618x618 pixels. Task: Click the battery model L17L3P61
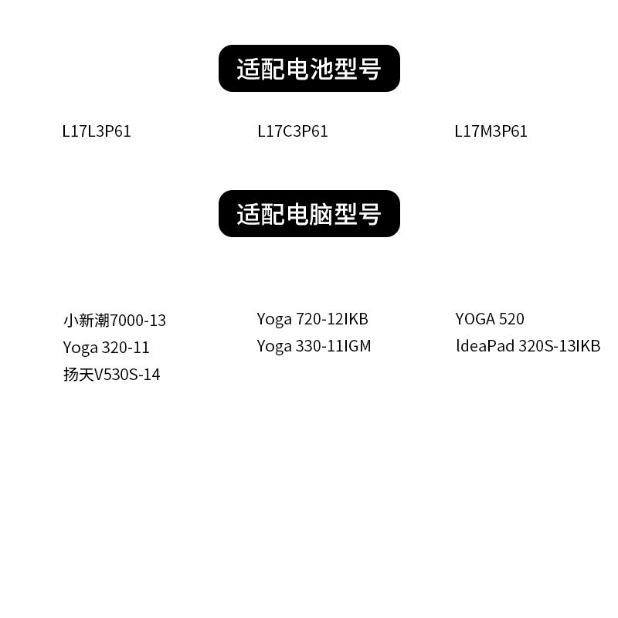[97, 131]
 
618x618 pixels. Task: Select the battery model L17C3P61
[293, 131]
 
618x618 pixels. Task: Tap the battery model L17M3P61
[491, 131]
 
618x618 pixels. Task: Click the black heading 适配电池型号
[309, 69]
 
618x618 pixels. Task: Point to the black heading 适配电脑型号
[309, 214]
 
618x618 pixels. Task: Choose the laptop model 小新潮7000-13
[114, 320]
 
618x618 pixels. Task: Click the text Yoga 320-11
[106, 348]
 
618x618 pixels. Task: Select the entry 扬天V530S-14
[112, 375]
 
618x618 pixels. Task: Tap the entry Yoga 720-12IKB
[313, 318]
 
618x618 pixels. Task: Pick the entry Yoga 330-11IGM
[314, 346]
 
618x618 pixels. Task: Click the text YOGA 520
[490, 318]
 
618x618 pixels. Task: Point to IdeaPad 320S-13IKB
[528, 346]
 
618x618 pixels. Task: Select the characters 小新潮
[87, 320]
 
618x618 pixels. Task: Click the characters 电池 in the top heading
[309, 69]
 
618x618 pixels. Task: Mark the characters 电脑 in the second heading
[309, 214]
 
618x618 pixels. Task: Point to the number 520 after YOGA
[511, 318]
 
